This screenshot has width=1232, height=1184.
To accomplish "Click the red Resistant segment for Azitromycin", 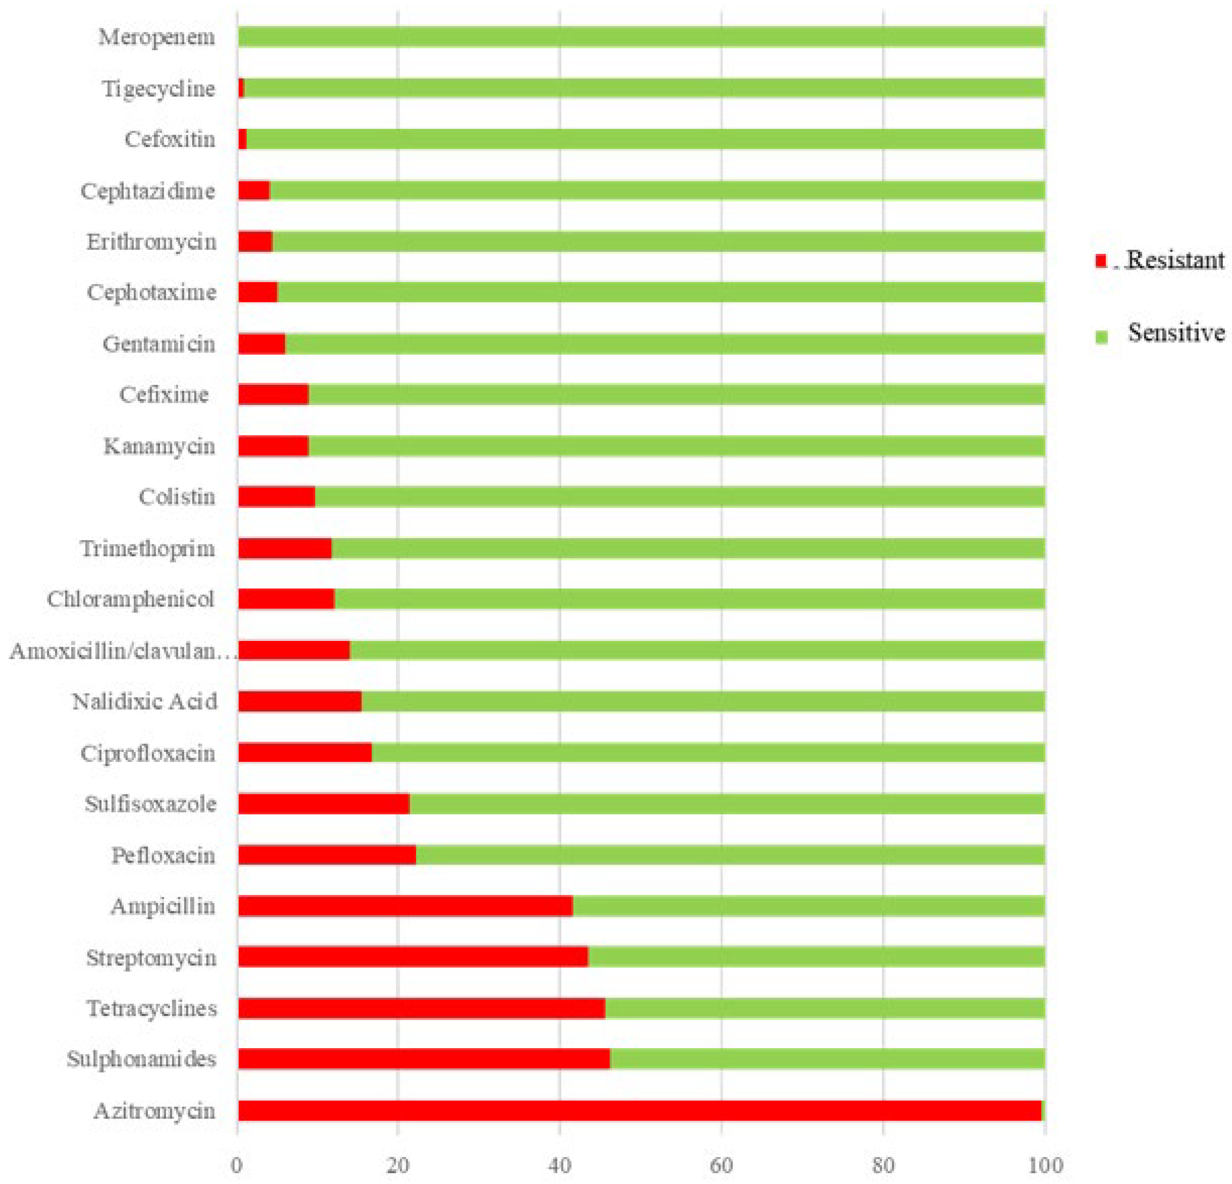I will tap(639, 1111).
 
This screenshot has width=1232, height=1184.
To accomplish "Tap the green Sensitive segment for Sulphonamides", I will tap(826, 1059).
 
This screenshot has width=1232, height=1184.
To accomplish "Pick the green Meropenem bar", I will tap(641, 37).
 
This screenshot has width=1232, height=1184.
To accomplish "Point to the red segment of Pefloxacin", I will tap(327, 855).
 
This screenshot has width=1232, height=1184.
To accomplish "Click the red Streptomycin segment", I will tap(413, 957).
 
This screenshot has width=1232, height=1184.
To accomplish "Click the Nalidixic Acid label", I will tap(145, 701).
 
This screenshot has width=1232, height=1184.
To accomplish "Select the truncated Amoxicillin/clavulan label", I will tap(122, 651).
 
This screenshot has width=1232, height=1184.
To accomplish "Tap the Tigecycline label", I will tap(158, 89).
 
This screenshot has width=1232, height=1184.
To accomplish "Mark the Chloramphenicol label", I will tap(131, 599).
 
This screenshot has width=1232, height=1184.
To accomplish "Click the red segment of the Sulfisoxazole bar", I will tap(324, 804).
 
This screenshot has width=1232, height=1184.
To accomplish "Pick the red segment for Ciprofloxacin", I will tap(305, 753).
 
